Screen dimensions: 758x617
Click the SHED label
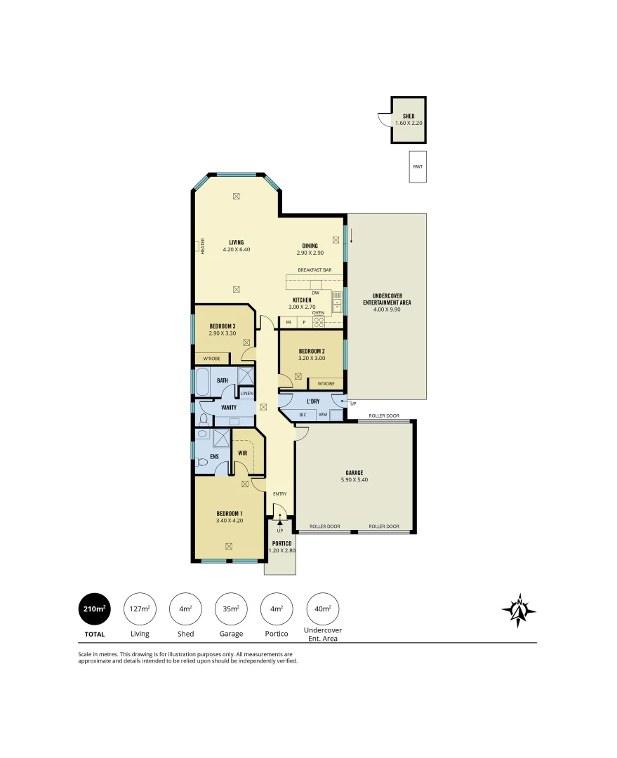409,116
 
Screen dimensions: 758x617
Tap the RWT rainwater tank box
418,167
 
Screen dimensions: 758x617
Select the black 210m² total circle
94,609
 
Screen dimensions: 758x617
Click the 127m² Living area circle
140,609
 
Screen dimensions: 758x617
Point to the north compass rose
519,611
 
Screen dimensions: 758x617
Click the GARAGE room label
354,472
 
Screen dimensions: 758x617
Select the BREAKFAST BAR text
314,270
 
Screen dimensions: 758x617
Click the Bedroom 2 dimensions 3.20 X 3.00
311,358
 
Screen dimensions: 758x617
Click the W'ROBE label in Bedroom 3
212,359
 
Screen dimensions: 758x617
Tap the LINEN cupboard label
246,394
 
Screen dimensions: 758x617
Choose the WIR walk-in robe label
242,453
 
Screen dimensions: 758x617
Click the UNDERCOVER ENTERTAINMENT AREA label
387,299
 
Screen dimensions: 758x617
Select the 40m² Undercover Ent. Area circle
322,609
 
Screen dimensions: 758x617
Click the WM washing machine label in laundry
322,415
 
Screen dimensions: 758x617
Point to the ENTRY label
279,494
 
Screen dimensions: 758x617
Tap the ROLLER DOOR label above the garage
384,416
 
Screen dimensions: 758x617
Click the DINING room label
310,245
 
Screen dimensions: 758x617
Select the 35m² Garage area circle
231,609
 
